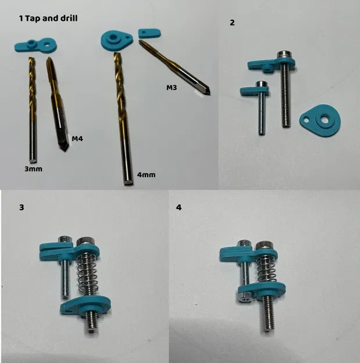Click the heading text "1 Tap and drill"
48,19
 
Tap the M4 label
78,139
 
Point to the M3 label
172,88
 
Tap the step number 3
22,207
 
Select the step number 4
179,207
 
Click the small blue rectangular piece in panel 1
149,33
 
